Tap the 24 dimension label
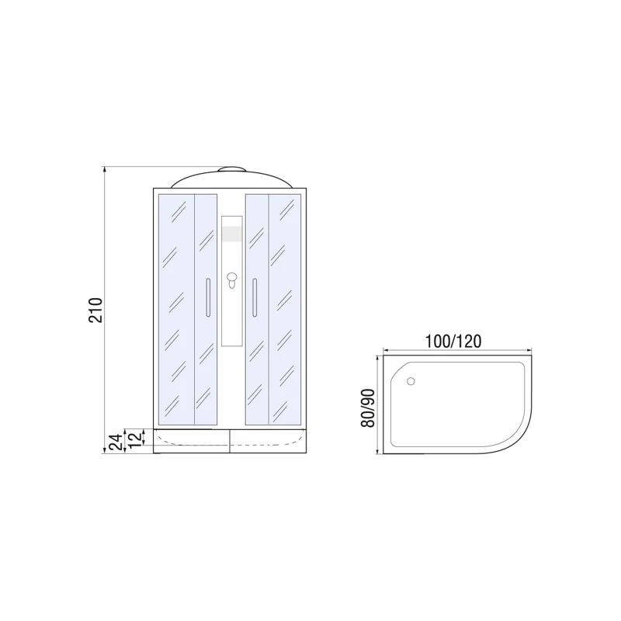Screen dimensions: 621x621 (x=113, y=442)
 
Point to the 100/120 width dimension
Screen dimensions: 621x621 (x=454, y=340)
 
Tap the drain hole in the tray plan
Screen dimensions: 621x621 (x=411, y=381)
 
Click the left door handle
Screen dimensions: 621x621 (x=207, y=297)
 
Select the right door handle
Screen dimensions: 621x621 (x=254, y=297)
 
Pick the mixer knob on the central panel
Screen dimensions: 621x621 (x=231, y=279)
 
